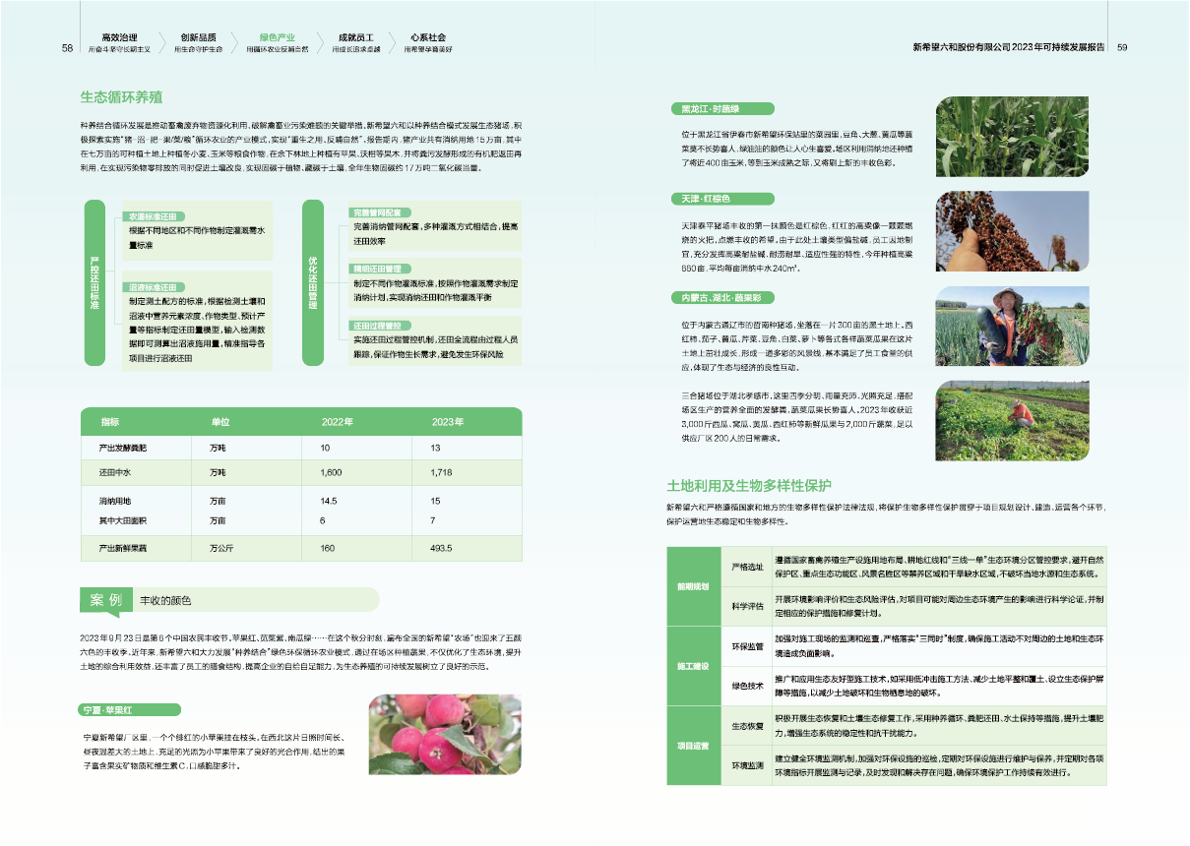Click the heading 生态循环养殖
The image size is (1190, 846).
click(x=122, y=97)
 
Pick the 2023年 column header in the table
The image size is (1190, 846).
click(x=448, y=421)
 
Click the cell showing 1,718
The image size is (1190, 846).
click(x=442, y=473)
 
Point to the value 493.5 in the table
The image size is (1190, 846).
click(x=441, y=548)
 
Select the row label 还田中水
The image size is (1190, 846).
click(x=115, y=473)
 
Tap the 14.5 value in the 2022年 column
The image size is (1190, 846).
click(x=329, y=501)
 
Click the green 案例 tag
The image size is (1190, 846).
click(x=105, y=600)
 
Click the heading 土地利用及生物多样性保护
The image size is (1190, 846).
click(x=749, y=485)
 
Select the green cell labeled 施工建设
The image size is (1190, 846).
click(x=692, y=667)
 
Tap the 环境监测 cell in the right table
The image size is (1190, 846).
click(x=748, y=764)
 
